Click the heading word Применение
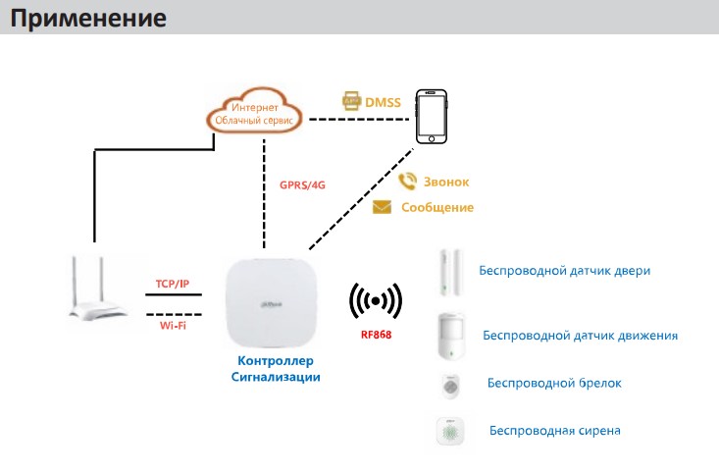tap(89, 19)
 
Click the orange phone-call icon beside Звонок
tap(407, 182)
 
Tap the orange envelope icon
tap(382, 207)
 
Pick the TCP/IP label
tap(173, 284)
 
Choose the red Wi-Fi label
tap(174, 323)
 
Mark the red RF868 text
tap(377, 333)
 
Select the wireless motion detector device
tap(451, 335)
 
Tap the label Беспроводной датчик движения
tap(580, 336)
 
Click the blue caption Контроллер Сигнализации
tap(276, 368)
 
